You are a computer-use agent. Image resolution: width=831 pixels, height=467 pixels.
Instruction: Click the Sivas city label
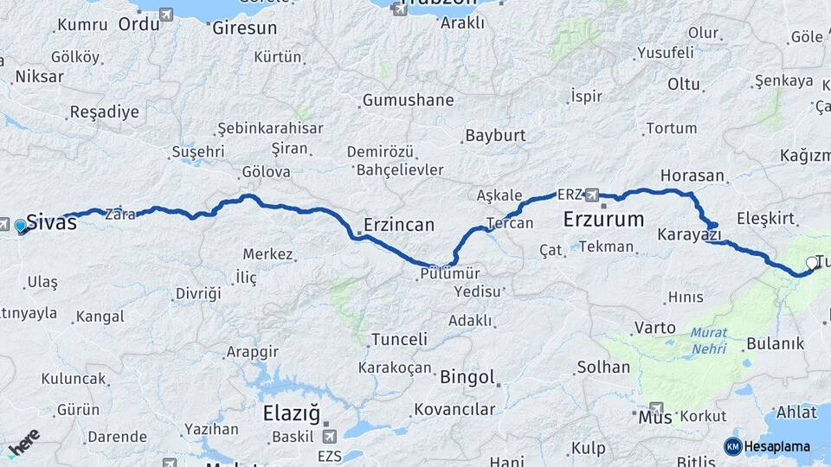click(x=52, y=221)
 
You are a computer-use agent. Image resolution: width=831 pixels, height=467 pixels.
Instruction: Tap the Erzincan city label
click(x=399, y=225)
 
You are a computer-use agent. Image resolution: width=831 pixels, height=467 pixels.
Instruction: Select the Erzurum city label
click(x=603, y=220)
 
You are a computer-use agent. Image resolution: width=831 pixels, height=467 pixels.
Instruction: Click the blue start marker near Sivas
click(x=21, y=227)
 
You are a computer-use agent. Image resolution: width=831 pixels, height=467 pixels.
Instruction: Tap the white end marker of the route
click(x=811, y=263)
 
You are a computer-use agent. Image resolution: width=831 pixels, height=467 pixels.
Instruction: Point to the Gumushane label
click(x=408, y=100)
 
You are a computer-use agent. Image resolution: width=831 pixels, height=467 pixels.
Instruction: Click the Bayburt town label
click(x=495, y=136)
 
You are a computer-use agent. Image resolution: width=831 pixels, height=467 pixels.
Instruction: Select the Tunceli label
click(x=399, y=340)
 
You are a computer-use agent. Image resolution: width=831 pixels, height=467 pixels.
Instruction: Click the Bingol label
click(x=467, y=377)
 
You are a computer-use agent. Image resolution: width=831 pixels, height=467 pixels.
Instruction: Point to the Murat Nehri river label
click(x=709, y=342)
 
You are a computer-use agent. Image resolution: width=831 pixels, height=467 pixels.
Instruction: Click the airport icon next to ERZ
click(x=592, y=194)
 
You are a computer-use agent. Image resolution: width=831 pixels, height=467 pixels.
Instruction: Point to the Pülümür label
click(x=449, y=272)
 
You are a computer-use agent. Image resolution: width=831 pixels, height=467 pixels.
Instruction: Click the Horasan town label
click(x=692, y=176)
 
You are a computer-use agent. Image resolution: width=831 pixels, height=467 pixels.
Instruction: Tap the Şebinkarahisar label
click(x=270, y=128)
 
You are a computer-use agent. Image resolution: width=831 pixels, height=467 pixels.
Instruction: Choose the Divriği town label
click(x=198, y=293)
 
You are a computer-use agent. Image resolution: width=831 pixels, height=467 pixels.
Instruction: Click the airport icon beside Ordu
click(x=166, y=15)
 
